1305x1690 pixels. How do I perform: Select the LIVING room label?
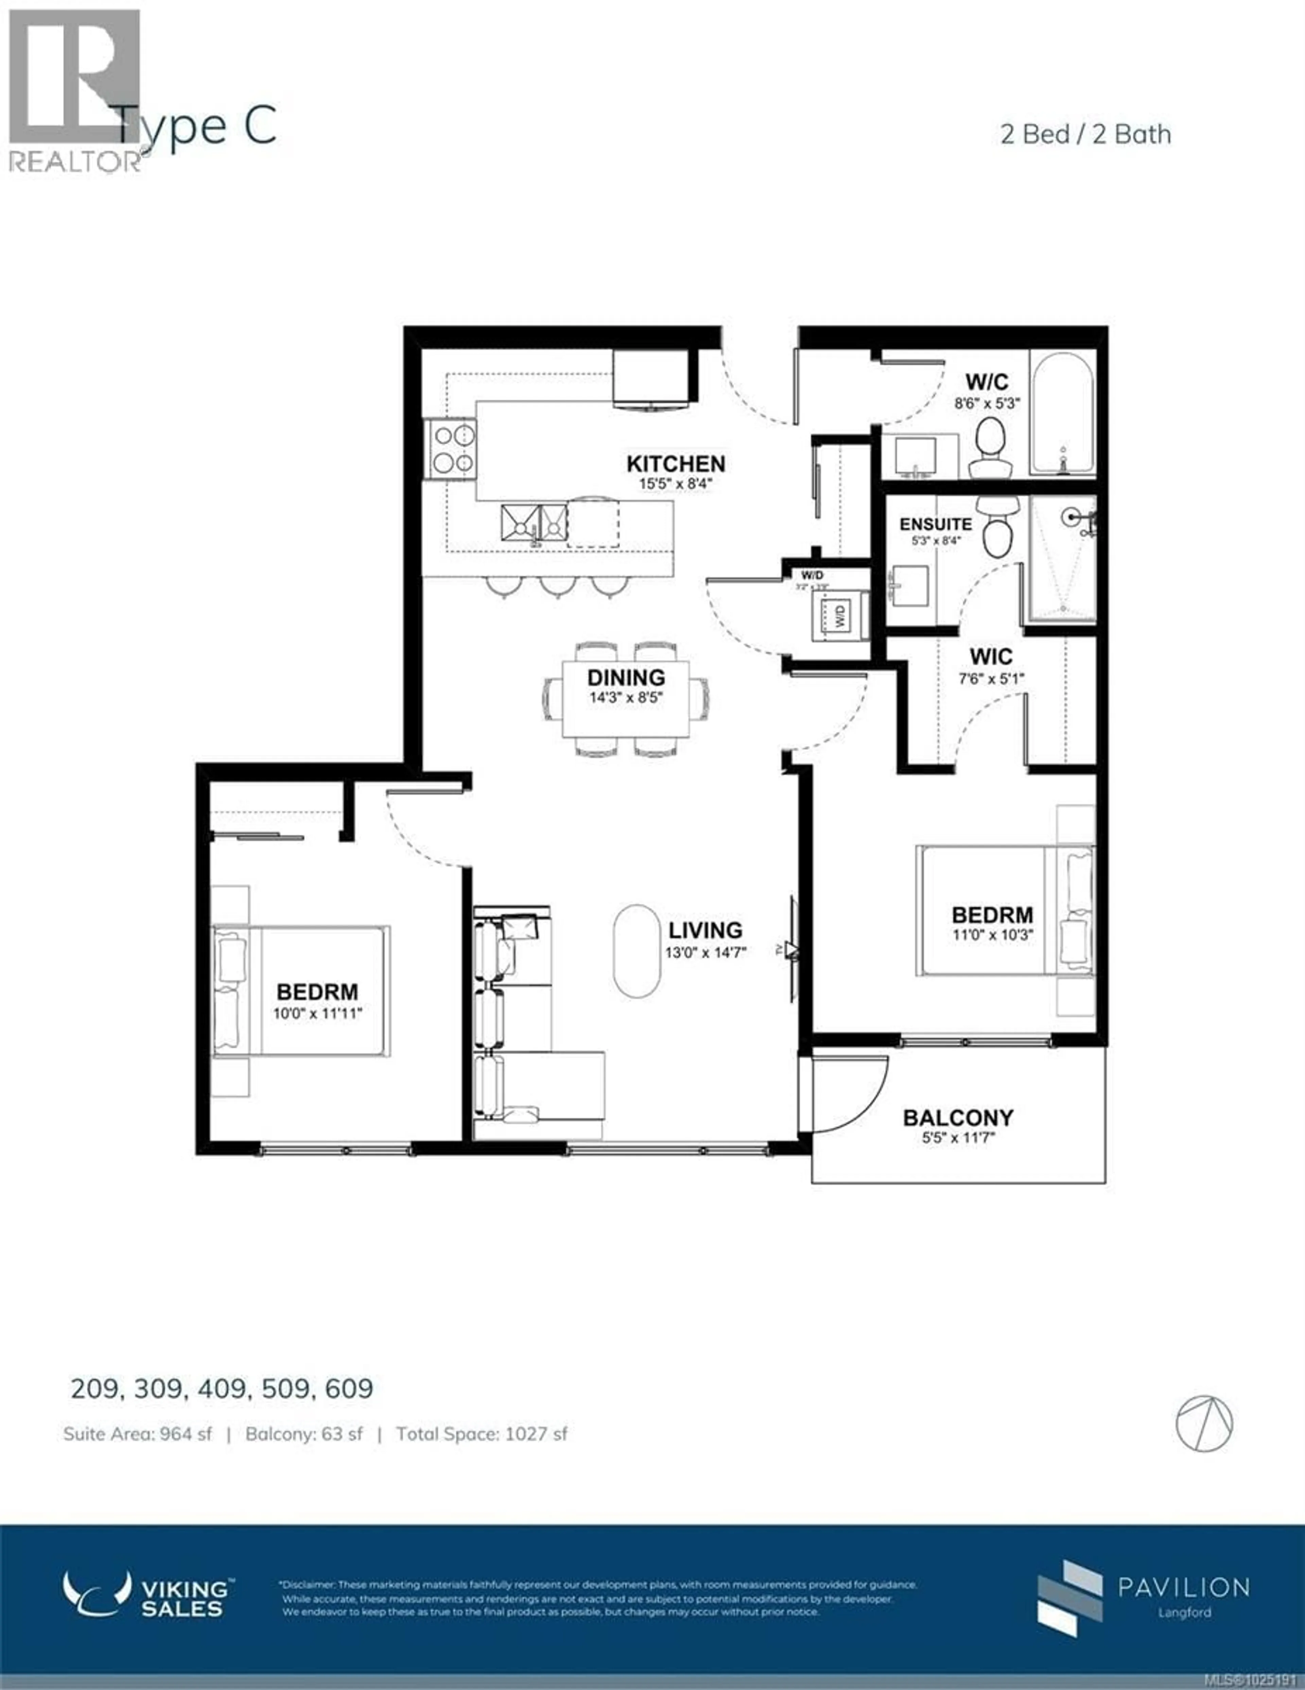[705, 930]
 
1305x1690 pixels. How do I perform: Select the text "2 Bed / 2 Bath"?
[1085, 135]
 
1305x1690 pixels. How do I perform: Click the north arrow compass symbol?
[1204, 1423]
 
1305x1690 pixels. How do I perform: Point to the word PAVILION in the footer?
[1183, 1587]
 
